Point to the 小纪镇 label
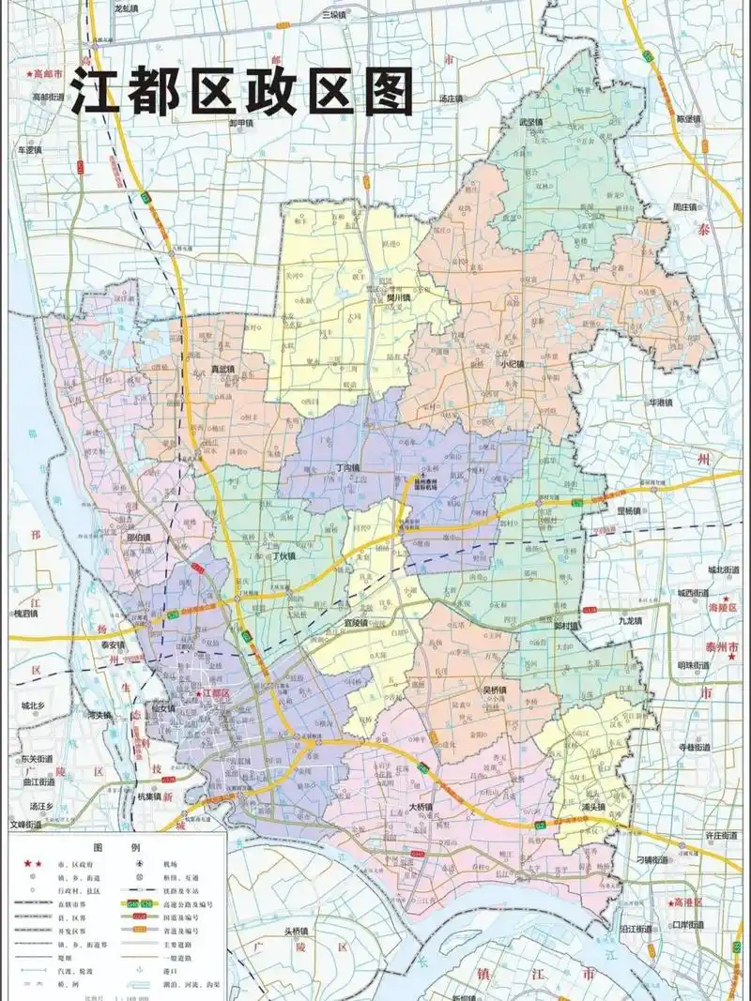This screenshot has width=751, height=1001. [513, 364]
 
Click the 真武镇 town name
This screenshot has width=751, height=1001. [223, 369]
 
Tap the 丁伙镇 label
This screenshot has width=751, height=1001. [283, 555]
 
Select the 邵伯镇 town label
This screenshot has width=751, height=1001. [138, 538]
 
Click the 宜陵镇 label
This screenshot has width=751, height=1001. [358, 621]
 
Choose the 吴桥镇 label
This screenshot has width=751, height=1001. [495, 690]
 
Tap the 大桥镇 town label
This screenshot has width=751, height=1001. [421, 807]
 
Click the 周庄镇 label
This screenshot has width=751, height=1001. [683, 206]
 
